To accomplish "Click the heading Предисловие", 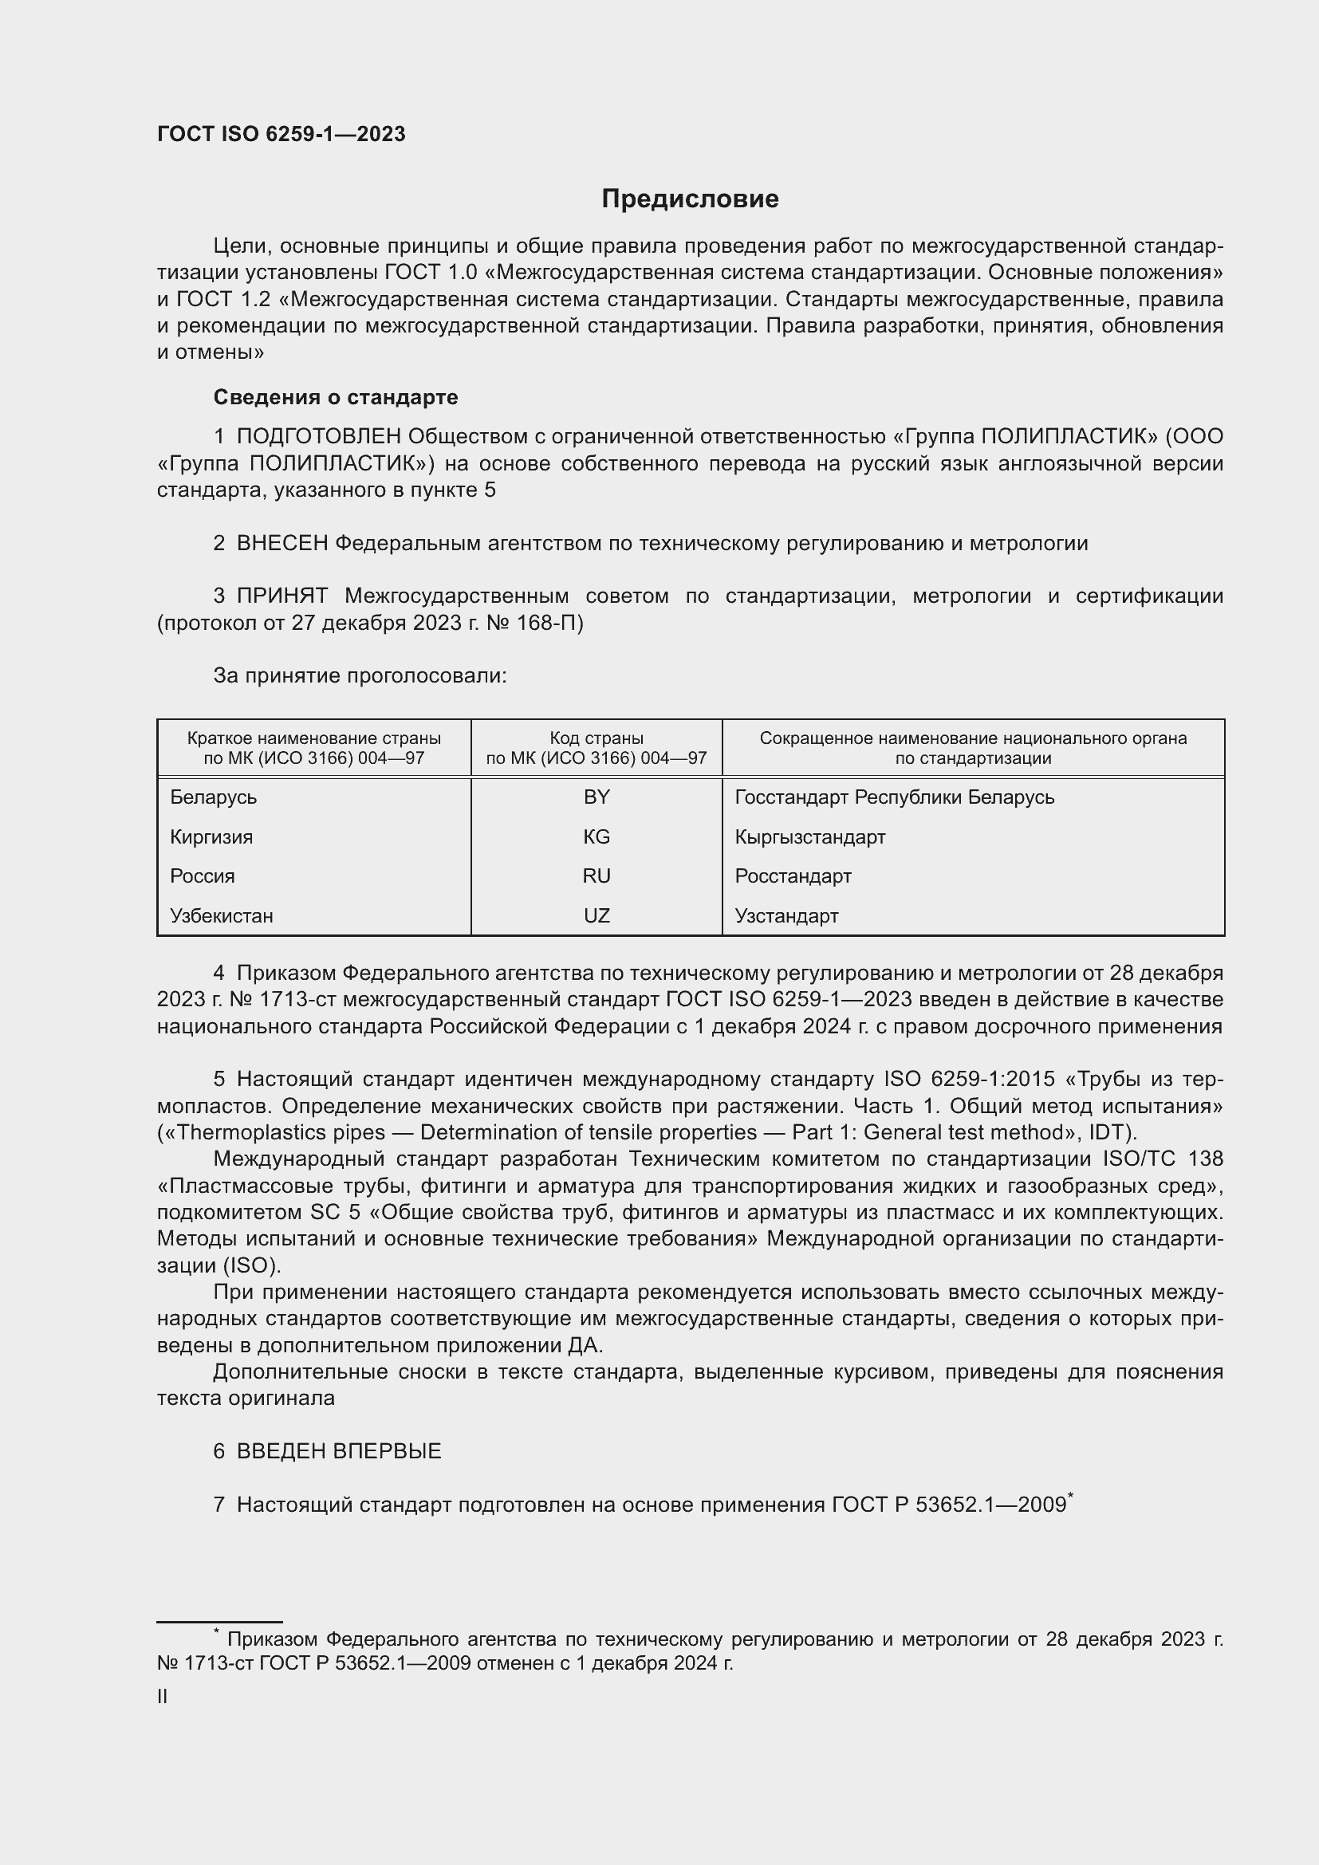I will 690,199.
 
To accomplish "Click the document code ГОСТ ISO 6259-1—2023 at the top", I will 281,135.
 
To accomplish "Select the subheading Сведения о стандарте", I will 336,397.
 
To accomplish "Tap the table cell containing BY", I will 597,797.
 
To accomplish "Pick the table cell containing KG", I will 597,836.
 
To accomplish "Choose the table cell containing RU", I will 597,875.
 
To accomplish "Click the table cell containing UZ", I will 597,915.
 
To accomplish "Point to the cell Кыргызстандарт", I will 809,836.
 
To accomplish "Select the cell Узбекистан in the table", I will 222,915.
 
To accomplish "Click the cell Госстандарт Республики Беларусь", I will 894,797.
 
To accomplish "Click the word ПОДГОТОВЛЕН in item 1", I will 318,437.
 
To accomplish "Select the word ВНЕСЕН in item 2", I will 282,544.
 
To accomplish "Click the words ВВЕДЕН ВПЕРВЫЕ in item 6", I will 339,1450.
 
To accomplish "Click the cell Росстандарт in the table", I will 793,875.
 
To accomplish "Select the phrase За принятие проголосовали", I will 360,676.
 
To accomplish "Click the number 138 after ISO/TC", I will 1204,1159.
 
